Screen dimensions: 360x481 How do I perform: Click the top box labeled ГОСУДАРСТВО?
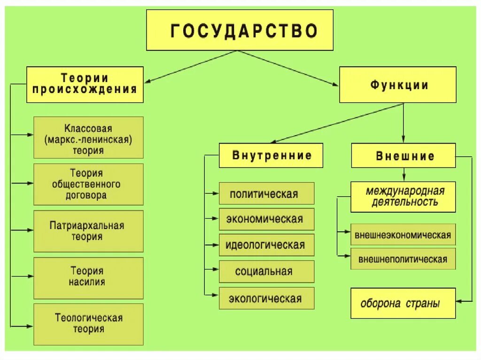coord(240,30)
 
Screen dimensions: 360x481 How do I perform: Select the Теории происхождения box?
coord(85,84)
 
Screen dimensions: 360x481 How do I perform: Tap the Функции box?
coord(397,85)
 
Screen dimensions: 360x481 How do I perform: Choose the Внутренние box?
coord(271,155)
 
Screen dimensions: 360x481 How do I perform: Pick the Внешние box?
coord(403,155)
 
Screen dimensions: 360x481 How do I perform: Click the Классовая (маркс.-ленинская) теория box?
coord(88,138)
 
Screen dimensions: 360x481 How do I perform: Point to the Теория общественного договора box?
coord(88,184)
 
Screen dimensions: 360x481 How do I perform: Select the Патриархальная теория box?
coord(88,231)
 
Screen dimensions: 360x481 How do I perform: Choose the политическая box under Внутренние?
coord(266,193)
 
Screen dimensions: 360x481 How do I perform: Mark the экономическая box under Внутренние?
coord(266,219)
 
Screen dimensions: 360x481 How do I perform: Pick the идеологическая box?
coord(266,245)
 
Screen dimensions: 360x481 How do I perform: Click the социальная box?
coord(266,271)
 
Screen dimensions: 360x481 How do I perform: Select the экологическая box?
coord(266,298)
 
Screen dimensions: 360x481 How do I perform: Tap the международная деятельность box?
coord(403,197)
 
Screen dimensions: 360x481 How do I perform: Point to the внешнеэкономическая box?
coord(403,235)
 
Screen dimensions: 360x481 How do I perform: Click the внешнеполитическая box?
coord(403,259)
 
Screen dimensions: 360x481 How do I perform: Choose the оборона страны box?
coord(403,303)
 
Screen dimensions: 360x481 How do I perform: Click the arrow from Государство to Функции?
coord(289,69)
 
